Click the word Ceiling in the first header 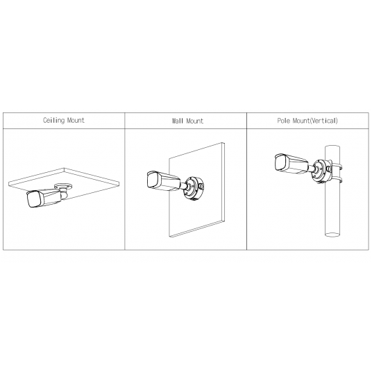coord(53,120)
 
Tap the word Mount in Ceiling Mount coord(74,120)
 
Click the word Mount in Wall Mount coord(194,121)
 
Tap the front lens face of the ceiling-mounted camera coord(31,200)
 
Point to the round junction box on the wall coord(192,186)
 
